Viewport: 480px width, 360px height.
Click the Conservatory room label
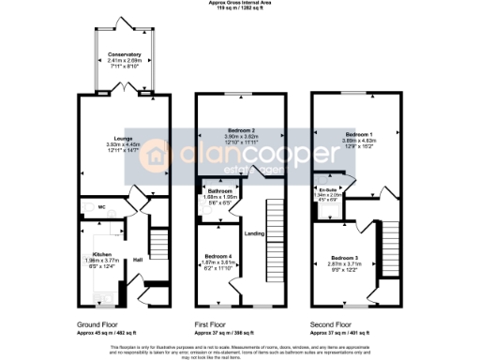125,55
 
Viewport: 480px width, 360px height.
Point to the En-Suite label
324,190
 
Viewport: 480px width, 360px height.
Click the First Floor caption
214,324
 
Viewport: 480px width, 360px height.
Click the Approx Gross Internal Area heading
240,3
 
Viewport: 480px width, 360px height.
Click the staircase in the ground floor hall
157,246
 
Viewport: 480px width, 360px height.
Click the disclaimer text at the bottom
240,349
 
